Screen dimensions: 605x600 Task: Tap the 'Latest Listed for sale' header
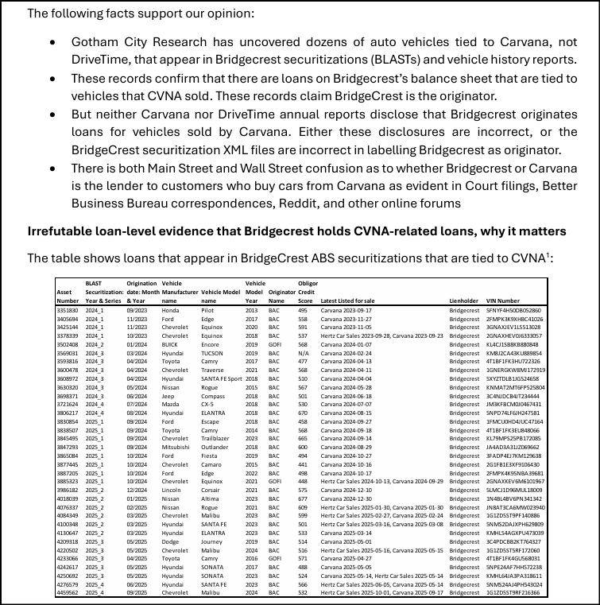(347, 301)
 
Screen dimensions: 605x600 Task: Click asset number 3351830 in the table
(68, 310)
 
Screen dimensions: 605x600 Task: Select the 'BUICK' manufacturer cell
(172, 344)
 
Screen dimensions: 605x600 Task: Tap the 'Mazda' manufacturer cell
(171, 404)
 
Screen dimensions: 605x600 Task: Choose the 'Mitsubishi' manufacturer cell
(176, 447)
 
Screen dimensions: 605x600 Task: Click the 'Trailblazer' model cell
(216, 438)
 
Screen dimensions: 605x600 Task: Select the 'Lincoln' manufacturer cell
(172, 490)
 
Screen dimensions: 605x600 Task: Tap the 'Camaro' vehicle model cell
(211, 464)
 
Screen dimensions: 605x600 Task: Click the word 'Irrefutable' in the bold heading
(60, 231)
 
